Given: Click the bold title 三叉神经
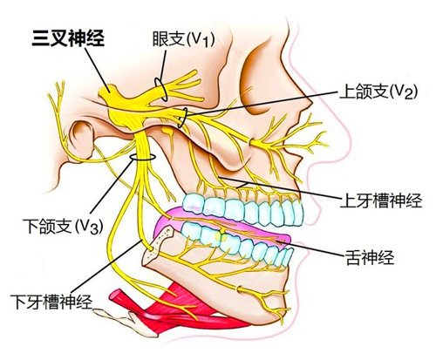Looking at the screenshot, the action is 68,38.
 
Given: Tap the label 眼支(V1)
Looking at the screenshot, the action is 184,39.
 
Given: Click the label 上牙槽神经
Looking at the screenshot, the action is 381,200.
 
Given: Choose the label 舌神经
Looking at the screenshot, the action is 370,257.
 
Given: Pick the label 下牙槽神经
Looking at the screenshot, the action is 51,302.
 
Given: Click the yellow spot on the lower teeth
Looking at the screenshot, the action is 220,235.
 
